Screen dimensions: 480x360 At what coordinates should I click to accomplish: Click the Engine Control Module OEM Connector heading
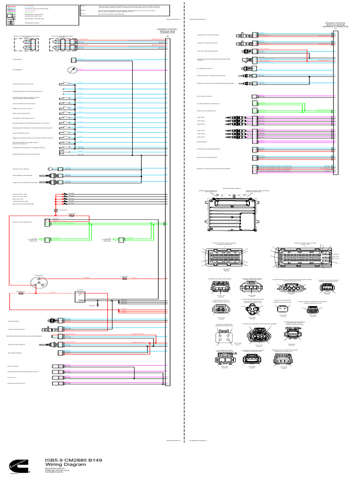pos(167,30)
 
